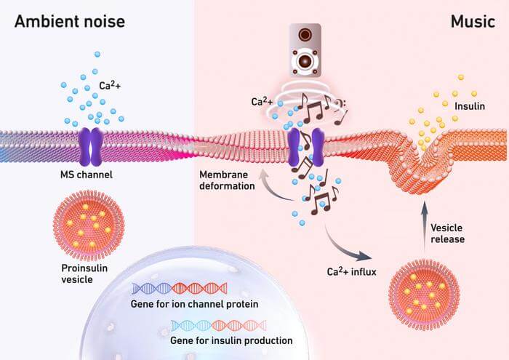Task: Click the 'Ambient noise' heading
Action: tap(69, 21)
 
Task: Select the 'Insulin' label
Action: tap(469, 106)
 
